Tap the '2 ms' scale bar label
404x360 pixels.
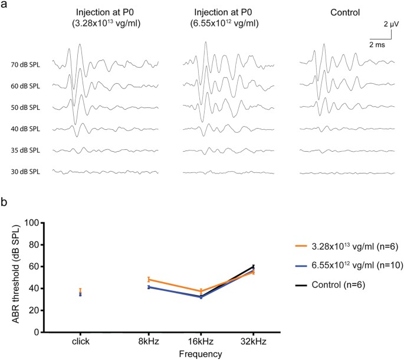(x=378, y=45)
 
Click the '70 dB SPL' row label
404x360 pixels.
(x=26, y=64)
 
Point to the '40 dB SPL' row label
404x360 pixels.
(x=26, y=129)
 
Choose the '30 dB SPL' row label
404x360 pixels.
(x=26, y=172)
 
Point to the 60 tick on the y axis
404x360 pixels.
(x=34, y=267)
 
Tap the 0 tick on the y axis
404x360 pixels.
(x=35, y=332)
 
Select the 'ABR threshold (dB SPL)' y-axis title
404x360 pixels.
(x=13, y=277)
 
